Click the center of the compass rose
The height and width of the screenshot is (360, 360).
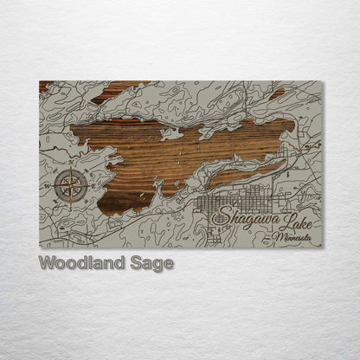72,185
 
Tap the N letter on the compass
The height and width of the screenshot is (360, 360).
72,163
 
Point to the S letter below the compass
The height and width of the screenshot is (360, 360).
72,209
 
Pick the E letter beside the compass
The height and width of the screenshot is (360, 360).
96,185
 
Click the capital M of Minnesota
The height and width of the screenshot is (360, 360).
274,235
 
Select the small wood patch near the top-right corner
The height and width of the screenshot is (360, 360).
276,93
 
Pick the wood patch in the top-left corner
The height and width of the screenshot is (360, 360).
45,85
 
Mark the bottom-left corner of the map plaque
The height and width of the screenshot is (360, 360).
40,247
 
